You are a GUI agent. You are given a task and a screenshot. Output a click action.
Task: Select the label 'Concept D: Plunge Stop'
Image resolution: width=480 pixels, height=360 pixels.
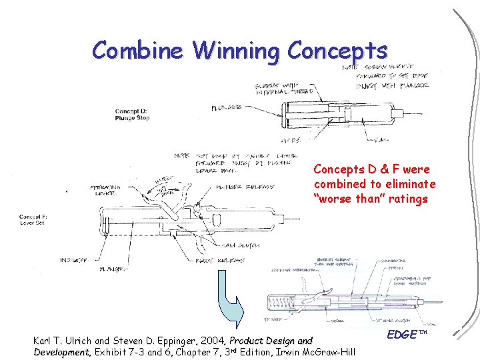click(133, 115)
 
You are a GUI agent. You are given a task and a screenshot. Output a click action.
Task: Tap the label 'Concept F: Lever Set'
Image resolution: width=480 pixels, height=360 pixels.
click(36, 220)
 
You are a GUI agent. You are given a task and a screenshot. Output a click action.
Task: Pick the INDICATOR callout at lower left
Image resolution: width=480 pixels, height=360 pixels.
click(75, 259)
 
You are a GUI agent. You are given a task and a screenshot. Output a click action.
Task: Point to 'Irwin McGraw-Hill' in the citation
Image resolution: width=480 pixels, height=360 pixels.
click(321, 351)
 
